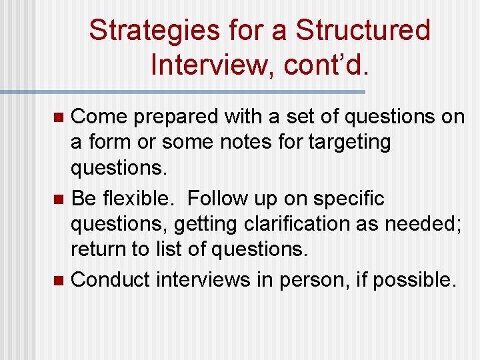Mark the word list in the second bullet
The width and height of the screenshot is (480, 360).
tap(175, 250)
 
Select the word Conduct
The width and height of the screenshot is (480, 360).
tap(110, 280)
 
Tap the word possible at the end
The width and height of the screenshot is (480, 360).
tap(413, 280)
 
